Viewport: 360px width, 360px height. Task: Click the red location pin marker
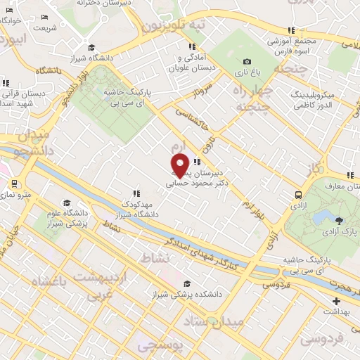coord(180,165)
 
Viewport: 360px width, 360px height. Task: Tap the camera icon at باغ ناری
coord(247,61)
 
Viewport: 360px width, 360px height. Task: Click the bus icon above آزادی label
coord(299,195)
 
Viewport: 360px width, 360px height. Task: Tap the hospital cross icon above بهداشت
coord(335,301)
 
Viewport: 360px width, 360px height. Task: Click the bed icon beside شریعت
coord(45,17)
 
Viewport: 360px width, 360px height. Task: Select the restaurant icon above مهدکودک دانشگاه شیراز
coord(136,193)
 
